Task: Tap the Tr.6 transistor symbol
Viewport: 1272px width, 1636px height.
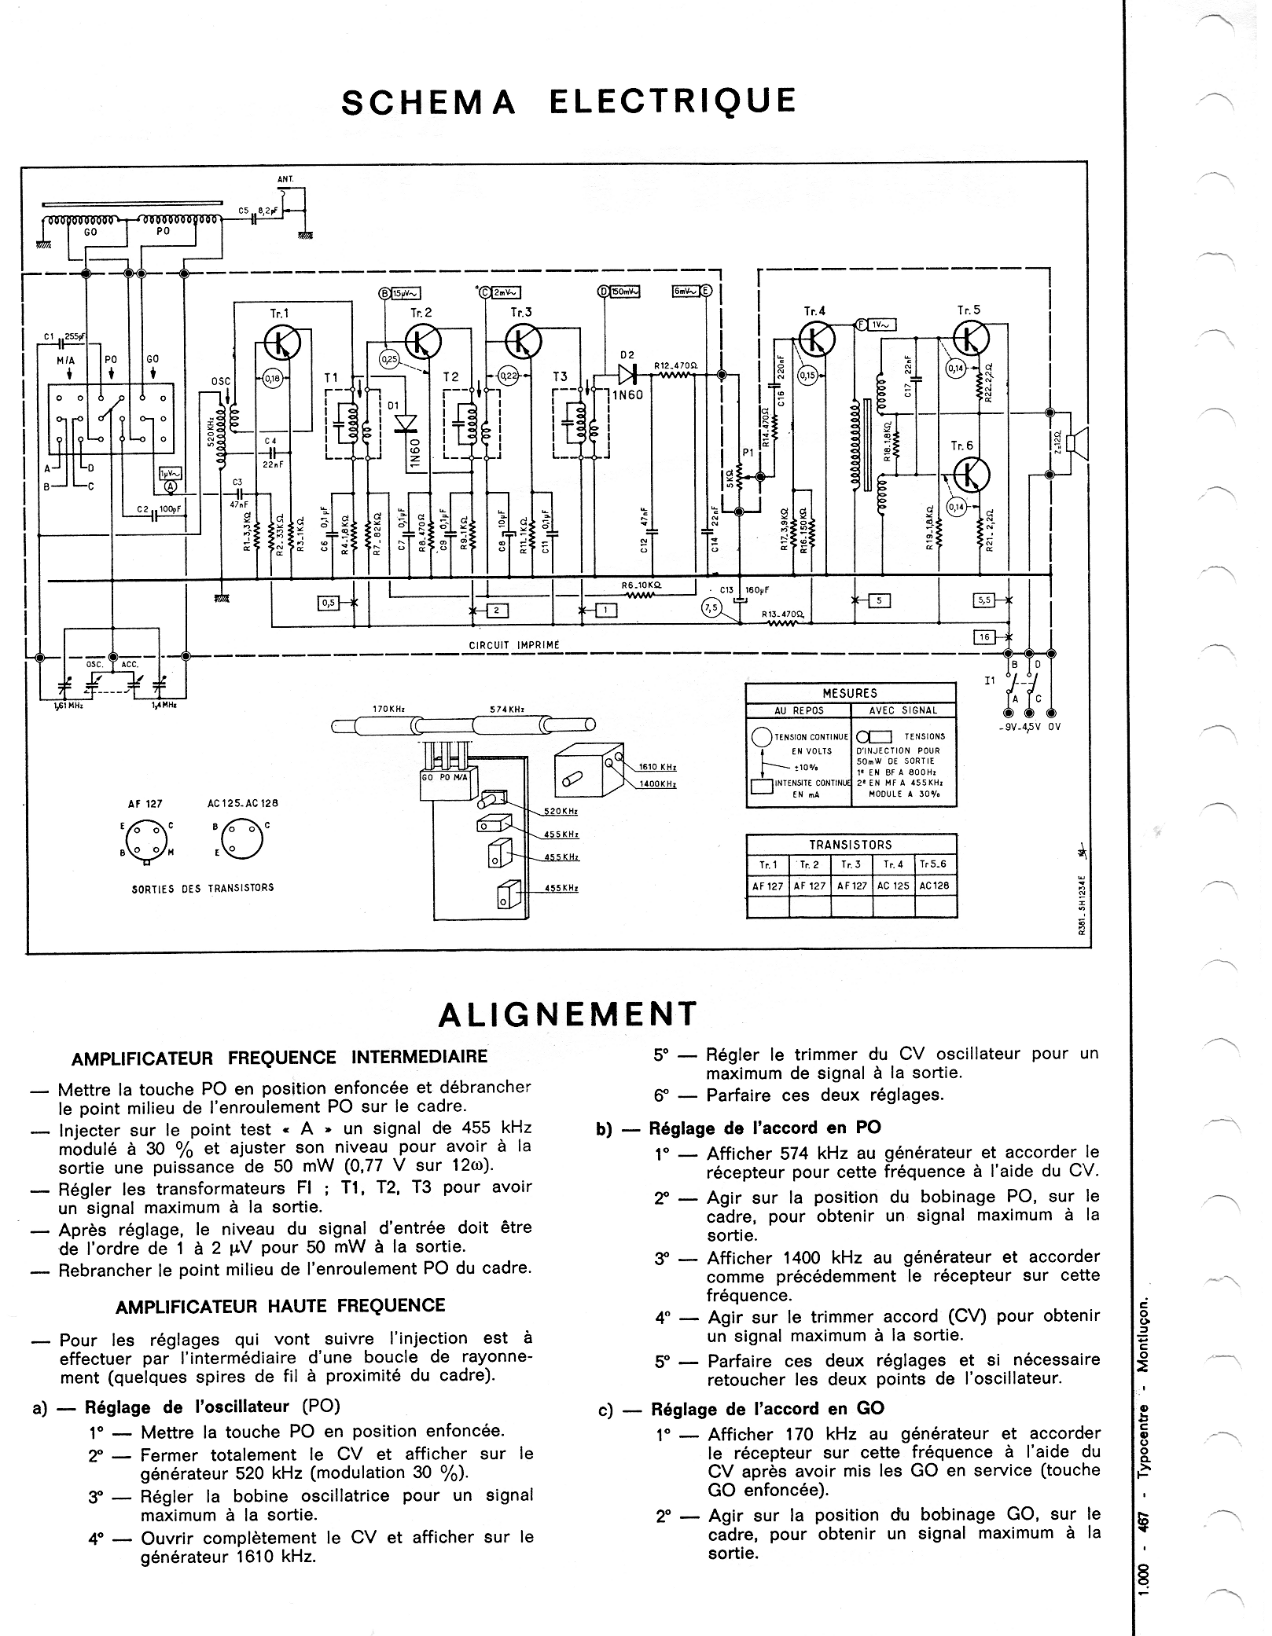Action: [x=972, y=475]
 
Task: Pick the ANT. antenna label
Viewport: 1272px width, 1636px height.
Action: [x=285, y=179]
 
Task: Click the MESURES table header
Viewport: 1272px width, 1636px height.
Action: [x=850, y=693]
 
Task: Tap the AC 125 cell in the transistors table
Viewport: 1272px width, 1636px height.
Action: [x=893, y=886]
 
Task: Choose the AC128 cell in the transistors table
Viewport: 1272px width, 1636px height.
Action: [x=934, y=886]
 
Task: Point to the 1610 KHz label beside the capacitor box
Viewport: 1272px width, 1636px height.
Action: [x=657, y=767]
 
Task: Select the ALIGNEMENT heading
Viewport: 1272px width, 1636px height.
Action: [x=568, y=1014]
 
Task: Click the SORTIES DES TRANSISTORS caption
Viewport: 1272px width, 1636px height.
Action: [x=203, y=888]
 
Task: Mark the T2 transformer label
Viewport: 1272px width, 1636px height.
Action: [x=450, y=377]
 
